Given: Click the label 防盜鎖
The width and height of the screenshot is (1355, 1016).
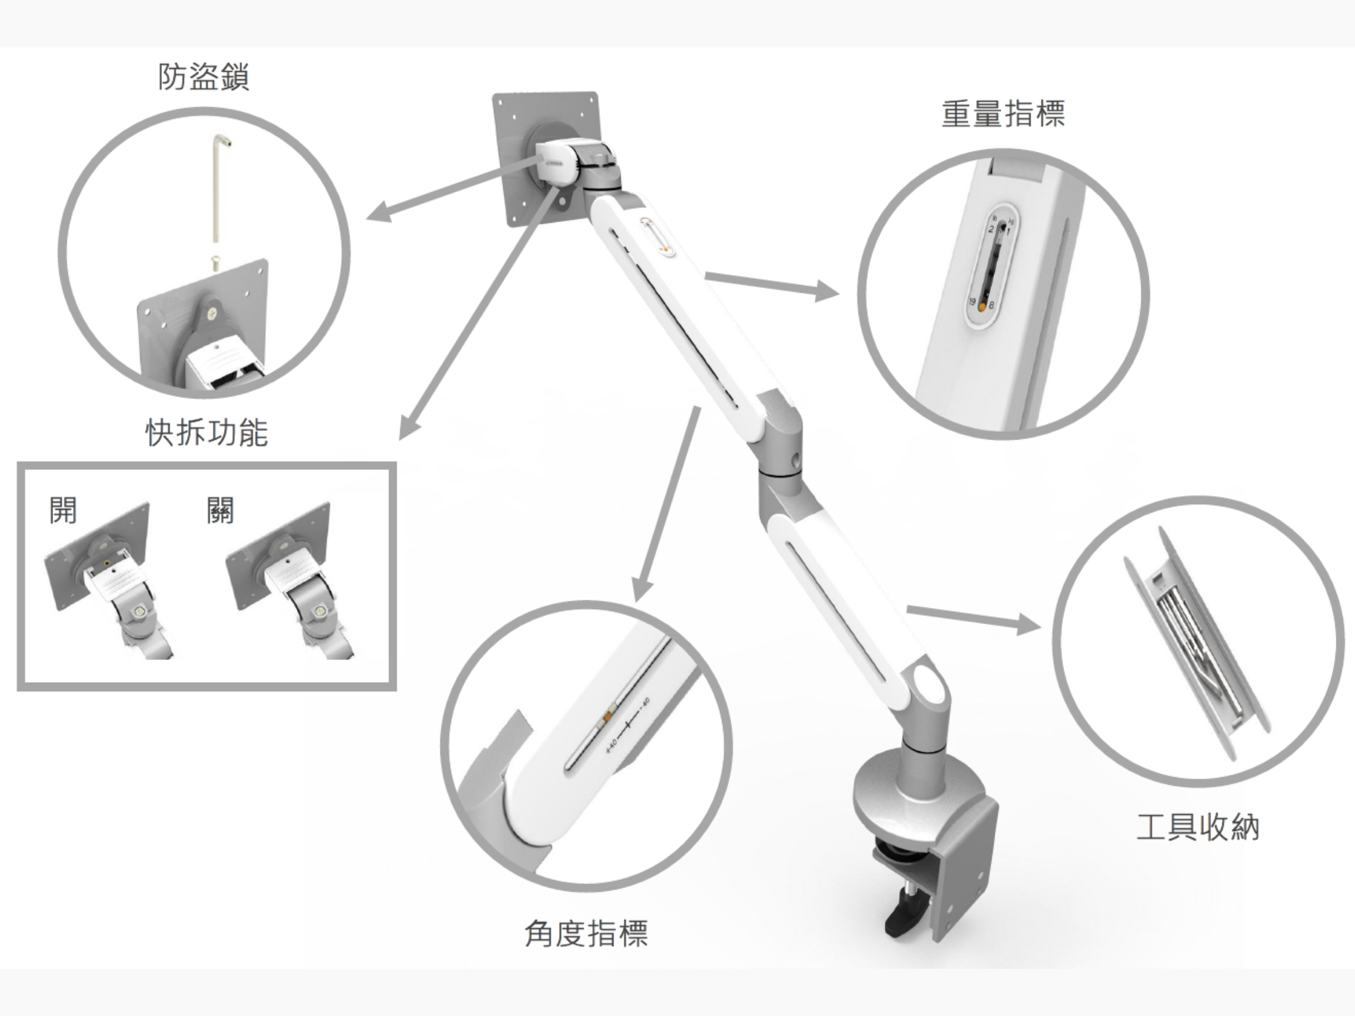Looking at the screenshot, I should pos(203,78).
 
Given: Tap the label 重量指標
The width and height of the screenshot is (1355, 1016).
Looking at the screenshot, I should pos(1003,115).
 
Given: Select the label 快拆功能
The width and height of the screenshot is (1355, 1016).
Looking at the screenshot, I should pos(207,432).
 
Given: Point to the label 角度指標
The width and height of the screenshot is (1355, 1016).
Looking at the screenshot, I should pos(586,934).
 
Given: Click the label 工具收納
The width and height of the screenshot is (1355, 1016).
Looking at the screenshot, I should pos(1197,827).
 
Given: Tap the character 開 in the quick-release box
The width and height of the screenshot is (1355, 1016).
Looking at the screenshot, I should pos(63,510).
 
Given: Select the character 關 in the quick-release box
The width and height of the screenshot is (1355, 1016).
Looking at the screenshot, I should pos(220,510).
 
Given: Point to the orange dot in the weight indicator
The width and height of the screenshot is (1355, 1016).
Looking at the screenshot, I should pos(983,307).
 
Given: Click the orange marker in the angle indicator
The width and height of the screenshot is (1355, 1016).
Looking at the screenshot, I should pos(608,716).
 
